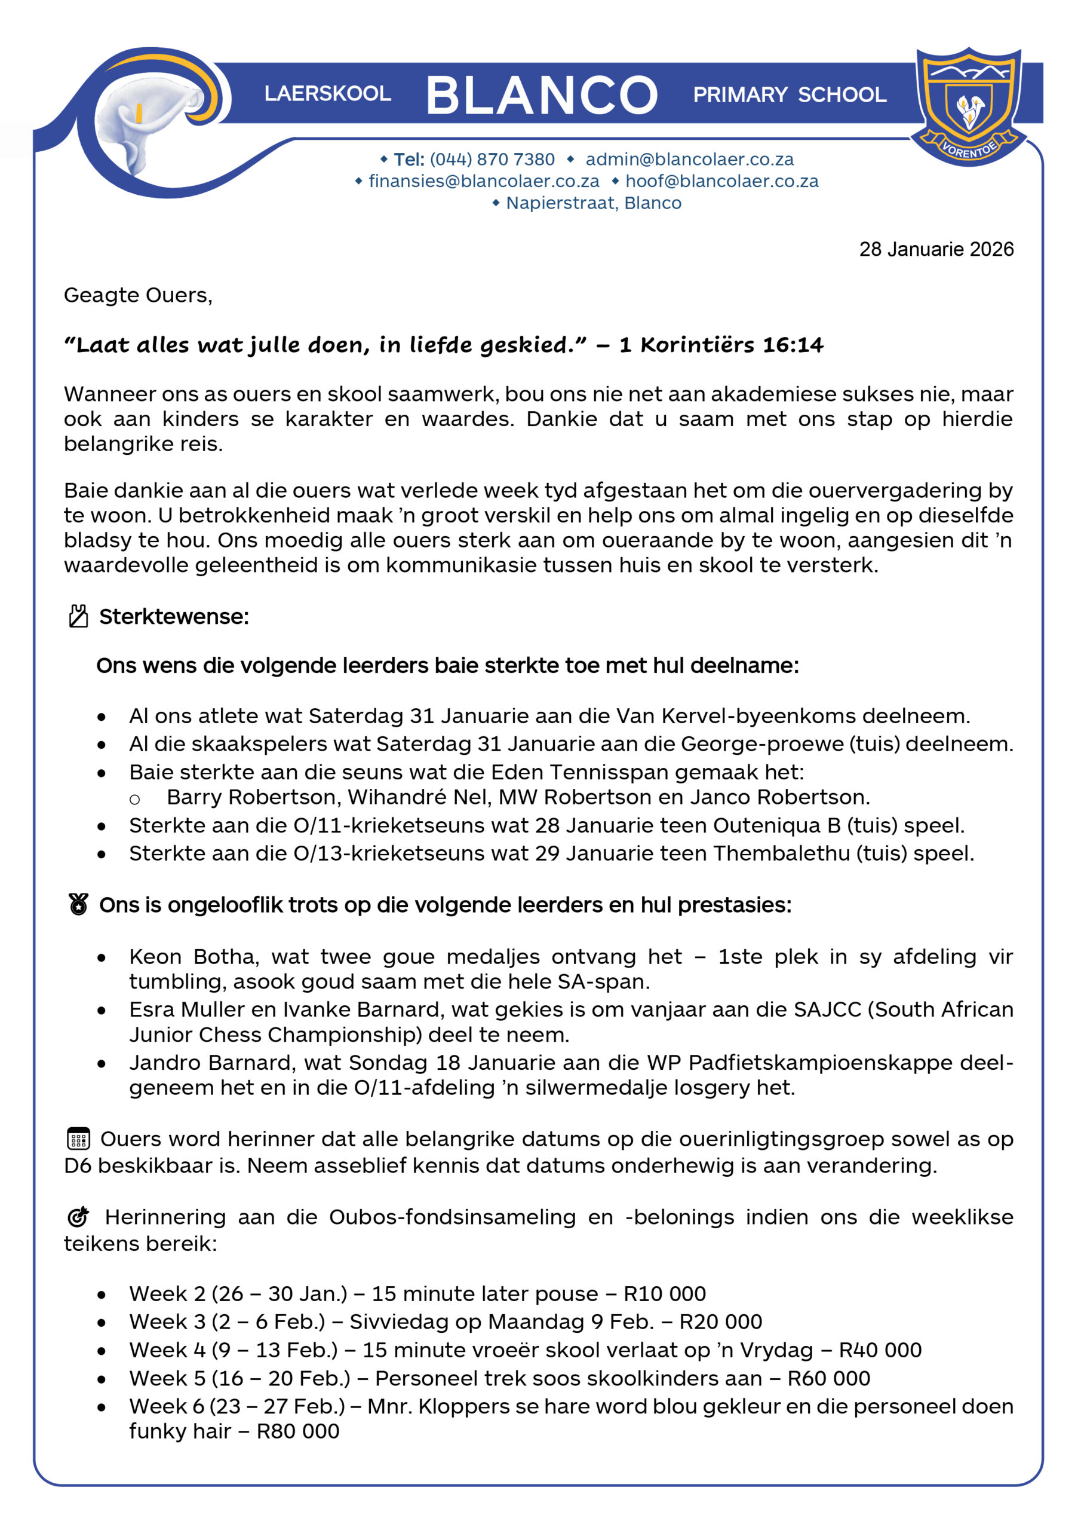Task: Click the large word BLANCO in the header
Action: click(x=541, y=94)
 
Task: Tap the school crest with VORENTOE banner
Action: click(x=969, y=105)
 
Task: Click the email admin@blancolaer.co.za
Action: click(x=689, y=159)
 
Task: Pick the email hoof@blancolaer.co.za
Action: click(x=721, y=181)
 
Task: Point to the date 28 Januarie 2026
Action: click(x=936, y=249)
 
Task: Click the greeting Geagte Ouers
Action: click(x=138, y=295)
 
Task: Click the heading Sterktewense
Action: click(x=174, y=616)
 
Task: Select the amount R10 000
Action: click(x=664, y=1293)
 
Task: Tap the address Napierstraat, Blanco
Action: click(x=594, y=203)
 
